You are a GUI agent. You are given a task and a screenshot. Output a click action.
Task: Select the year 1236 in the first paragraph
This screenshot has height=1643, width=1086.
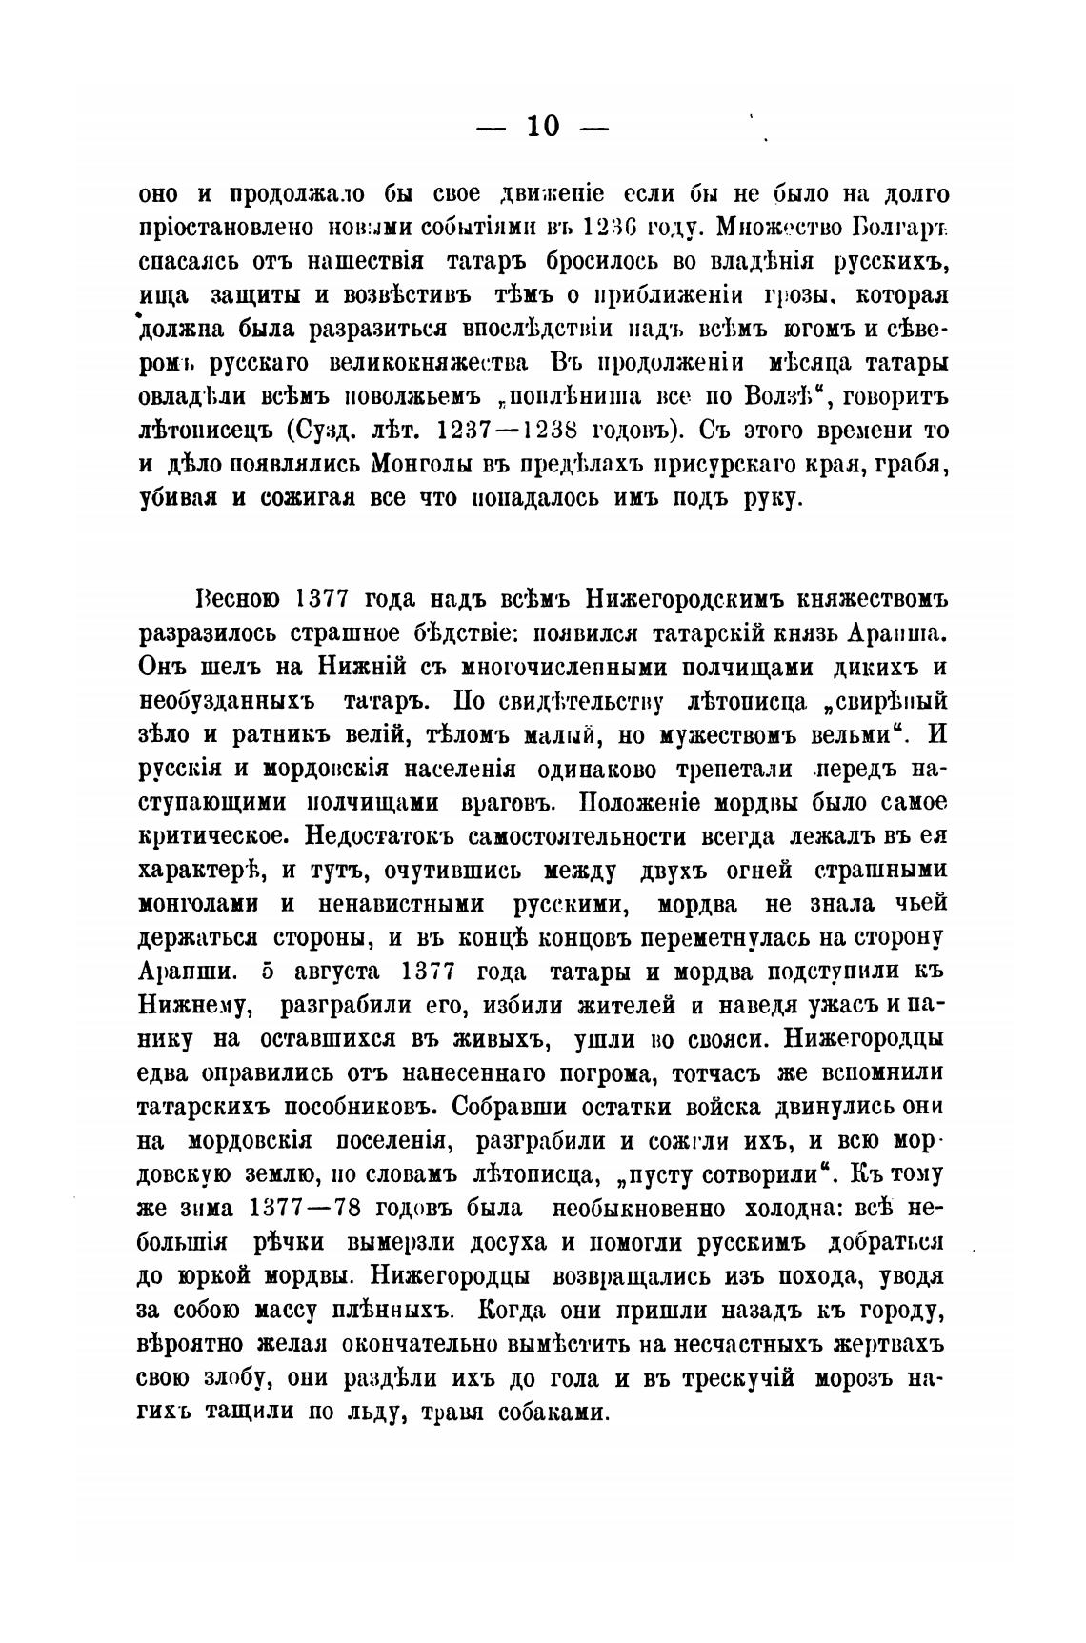610,228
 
